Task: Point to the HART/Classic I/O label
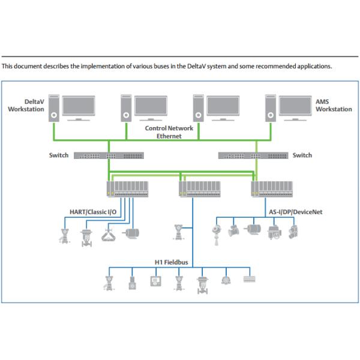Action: point(89,211)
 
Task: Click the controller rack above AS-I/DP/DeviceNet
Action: point(272,190)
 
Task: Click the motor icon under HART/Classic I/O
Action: point(131,233)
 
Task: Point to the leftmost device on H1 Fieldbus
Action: point(109,282)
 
